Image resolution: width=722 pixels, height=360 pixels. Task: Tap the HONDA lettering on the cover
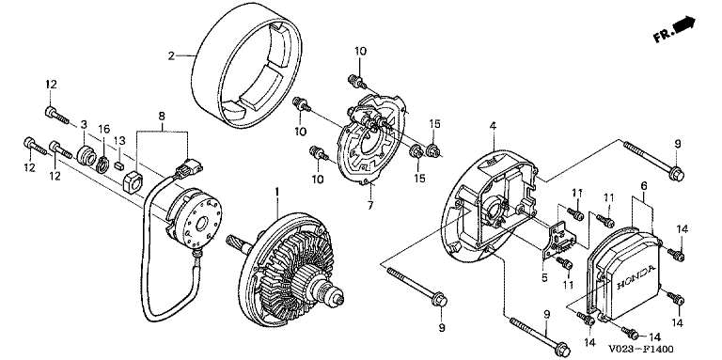point(636,277)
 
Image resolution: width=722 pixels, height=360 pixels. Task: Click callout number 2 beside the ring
point(171,56)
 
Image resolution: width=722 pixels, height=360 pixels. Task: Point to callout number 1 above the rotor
point(276,191)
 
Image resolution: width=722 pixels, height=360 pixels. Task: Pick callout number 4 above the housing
point(493,125)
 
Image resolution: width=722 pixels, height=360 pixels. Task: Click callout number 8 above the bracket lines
point(162,116)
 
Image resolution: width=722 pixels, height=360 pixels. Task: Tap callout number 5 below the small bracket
point(543,277)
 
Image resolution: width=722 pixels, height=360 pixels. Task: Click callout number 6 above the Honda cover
point(643,185)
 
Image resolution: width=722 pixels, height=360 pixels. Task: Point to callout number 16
point(104,128)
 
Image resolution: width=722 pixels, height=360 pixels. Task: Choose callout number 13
point(119,140)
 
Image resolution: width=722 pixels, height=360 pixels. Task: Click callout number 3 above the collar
point(84,124)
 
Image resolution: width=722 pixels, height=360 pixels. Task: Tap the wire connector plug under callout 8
point(189,168)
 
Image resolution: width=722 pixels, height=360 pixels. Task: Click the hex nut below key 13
point(133,180)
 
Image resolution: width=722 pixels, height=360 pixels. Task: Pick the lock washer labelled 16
point(103,163)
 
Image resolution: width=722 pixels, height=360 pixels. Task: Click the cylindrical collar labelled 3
point(86,154)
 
